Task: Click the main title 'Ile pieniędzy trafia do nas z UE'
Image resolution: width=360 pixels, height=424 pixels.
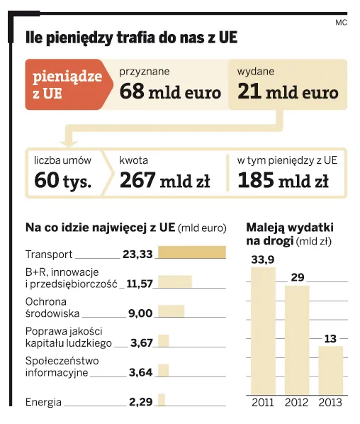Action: click(131, 38)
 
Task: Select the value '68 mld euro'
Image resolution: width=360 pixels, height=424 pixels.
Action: click(170, 93)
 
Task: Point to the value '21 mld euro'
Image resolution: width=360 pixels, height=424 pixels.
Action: click(287, 93)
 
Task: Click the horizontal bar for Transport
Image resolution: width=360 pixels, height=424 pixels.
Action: click(191, 252)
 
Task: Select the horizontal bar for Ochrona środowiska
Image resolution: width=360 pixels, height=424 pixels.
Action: click(171, 311)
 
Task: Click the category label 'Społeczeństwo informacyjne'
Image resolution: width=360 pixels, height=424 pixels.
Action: click(62, 366)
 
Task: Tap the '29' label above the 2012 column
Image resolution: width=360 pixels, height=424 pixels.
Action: click(297, 276)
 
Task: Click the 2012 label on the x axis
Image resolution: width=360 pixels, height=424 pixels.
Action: click(297, 402)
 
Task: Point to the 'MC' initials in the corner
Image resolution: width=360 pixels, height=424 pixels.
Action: click(341, 22)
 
